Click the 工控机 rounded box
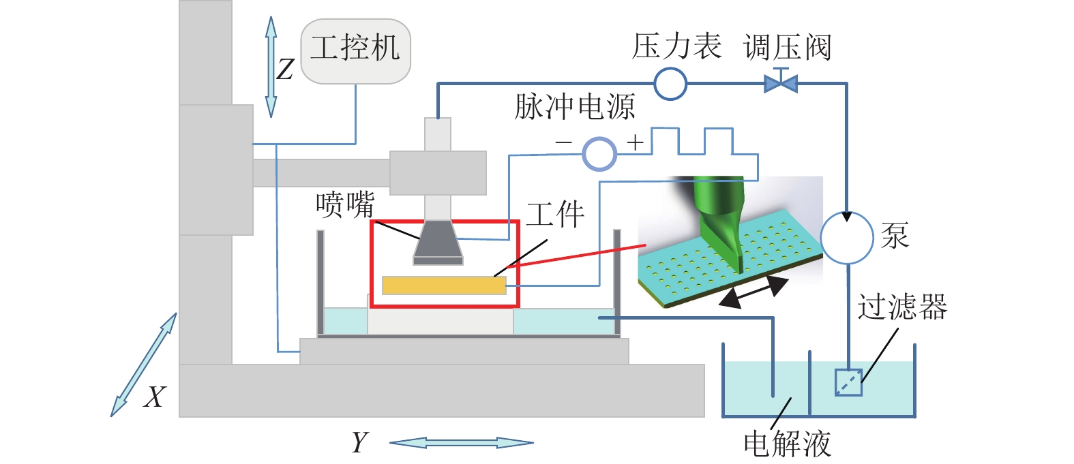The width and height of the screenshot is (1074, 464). click(355, 51)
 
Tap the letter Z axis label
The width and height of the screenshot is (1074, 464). click(285, 69)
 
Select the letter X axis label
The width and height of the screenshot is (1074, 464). click(155, 397)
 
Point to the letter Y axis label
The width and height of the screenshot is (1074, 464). click(359, 443)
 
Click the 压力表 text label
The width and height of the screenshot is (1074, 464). click(676, 46)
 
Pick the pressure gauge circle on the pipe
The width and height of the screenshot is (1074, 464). click(670, 84)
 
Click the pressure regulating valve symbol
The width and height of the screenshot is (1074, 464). click(781, 83)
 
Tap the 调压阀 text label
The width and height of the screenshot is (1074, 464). click(788, 48)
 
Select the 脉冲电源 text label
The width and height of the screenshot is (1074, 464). click(574, 107)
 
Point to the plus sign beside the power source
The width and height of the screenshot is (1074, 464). click(636, 142)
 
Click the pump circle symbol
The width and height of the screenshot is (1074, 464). click(847, 238)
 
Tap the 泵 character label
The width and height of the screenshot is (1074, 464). click(895, 236)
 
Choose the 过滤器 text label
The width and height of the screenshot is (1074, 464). click(902, 307)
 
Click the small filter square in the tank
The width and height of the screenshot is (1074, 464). click(848, 382)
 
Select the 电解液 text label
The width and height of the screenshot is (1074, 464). click(788, 444)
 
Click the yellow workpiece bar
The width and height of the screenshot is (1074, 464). click(444, 285)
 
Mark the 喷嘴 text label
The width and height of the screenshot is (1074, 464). click(345, 204)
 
